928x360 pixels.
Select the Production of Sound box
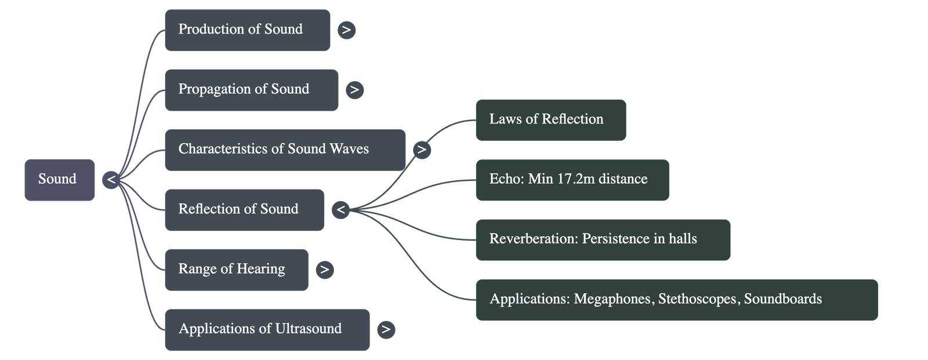(247, 30)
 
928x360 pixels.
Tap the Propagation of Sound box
(251, 90)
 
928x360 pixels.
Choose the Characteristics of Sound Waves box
(285, 150)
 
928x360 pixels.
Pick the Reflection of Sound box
(244, 210)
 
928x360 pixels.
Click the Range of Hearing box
(236, 270)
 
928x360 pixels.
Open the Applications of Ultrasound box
(267, 329)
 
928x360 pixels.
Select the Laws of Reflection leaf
(550, 120)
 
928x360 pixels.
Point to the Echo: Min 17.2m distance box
(572, 180)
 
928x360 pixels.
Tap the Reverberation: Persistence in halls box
(603, 239)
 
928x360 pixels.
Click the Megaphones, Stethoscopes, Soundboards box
(676, 300)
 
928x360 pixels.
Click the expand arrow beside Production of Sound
(346, 30)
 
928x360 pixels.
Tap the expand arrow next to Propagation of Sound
(354, 90)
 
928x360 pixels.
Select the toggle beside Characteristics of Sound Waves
(422, 150)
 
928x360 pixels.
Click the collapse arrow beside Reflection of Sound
(341, 210)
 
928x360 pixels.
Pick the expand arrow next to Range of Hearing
(325, 270)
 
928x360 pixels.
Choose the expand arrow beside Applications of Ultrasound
(386, 329)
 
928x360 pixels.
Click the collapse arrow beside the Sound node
(111, 180)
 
